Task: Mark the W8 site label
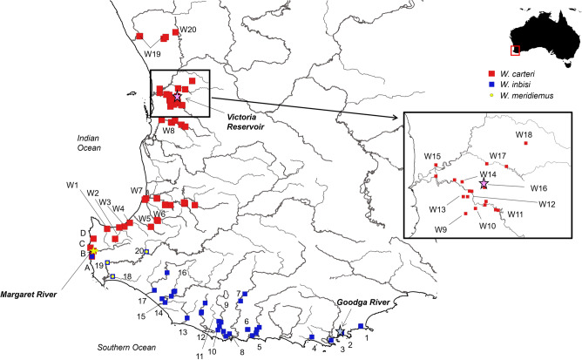[169, 130]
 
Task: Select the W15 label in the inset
[433, 157]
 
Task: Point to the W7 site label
[137, 190]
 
